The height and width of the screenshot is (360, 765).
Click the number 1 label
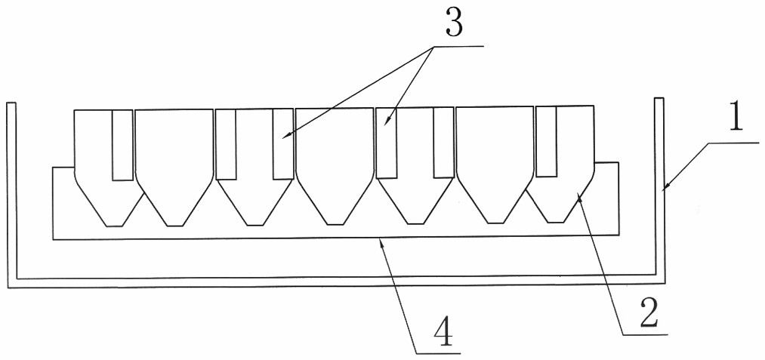pyautogui.click(x=736, y=116)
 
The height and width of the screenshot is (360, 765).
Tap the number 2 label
pyautogui.click(x=649, y=312)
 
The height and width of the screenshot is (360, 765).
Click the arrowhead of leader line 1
pyautogui.click(x=666, y=186)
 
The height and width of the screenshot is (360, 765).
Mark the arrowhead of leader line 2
pyautogui.click(x=579, y=196)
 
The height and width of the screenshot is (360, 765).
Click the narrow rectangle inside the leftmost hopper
pyautogui.click(x=122, y=145)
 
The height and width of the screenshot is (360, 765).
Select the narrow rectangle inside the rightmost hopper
pyautogui.click(x=546, y=141)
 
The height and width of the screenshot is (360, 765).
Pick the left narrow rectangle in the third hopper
pyautogui.click(x=226, y=144)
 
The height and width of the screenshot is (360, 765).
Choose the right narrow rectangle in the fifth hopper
pyautogui.click(x=443, y=142)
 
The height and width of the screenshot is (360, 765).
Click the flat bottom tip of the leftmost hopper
pyautogui.click(x=114, y=226)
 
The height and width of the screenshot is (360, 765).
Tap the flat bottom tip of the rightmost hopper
pyautogui.click(x=556, y=223)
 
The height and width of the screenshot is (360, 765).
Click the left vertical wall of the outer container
pyautogui.click(x=12, y=192)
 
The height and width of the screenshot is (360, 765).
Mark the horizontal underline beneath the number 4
pyautogui.click(x=438, y=352)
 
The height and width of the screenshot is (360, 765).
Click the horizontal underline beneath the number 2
pyautogui.click(x=645, y=334)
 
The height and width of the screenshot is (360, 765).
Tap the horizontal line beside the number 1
pyautogui.click(x=734, y=143)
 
